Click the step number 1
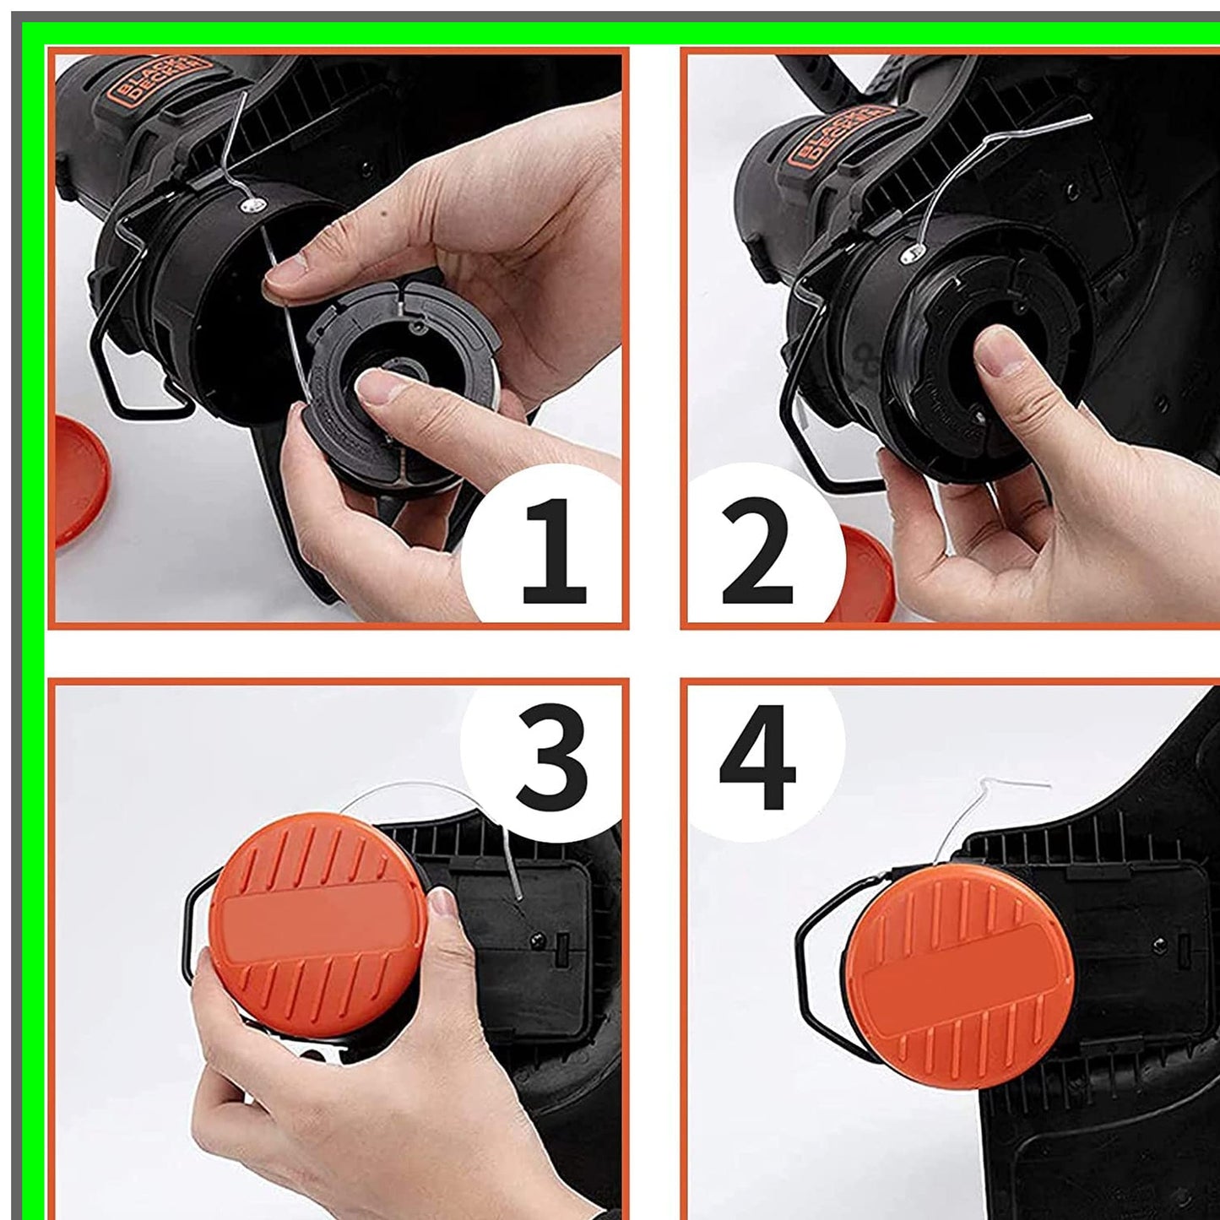point(554,551)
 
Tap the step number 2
point(757,551)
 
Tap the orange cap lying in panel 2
point(865,574)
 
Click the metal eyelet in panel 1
point(251,203)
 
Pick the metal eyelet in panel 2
point(911,251)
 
